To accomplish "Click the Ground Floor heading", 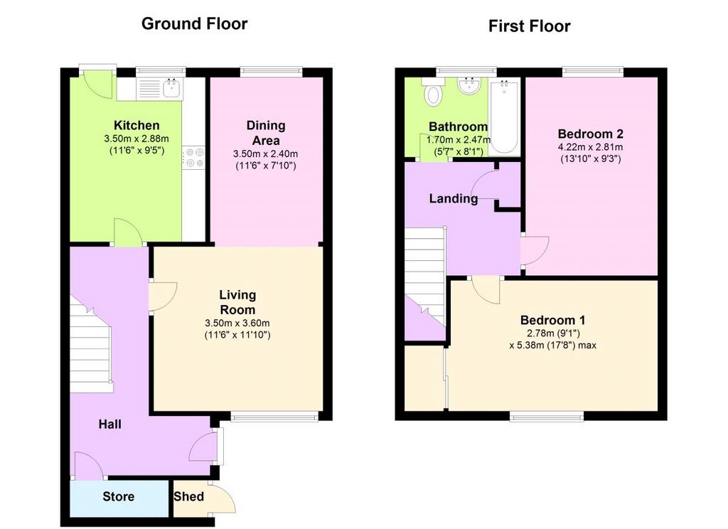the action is click(194, 23).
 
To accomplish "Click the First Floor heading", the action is click(529, 26).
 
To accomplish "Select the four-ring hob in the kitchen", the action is click(193, 157).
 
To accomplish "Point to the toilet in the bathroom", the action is click(433, 92).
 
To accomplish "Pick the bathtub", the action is click(504, 117).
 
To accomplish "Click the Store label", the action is click(119, 496).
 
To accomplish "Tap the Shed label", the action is click(188, 496).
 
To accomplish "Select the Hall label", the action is click(110, 424).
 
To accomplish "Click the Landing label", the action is click(453, 199).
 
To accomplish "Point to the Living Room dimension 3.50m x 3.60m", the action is click(237, 324).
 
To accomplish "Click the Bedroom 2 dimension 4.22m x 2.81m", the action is click(591, 147).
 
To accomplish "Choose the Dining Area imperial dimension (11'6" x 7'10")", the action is click(266, 166).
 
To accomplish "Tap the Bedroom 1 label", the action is click(552, 320).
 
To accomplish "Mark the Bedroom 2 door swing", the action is click(535, 251).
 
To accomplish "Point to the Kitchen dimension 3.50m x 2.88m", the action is click(136, 139).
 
